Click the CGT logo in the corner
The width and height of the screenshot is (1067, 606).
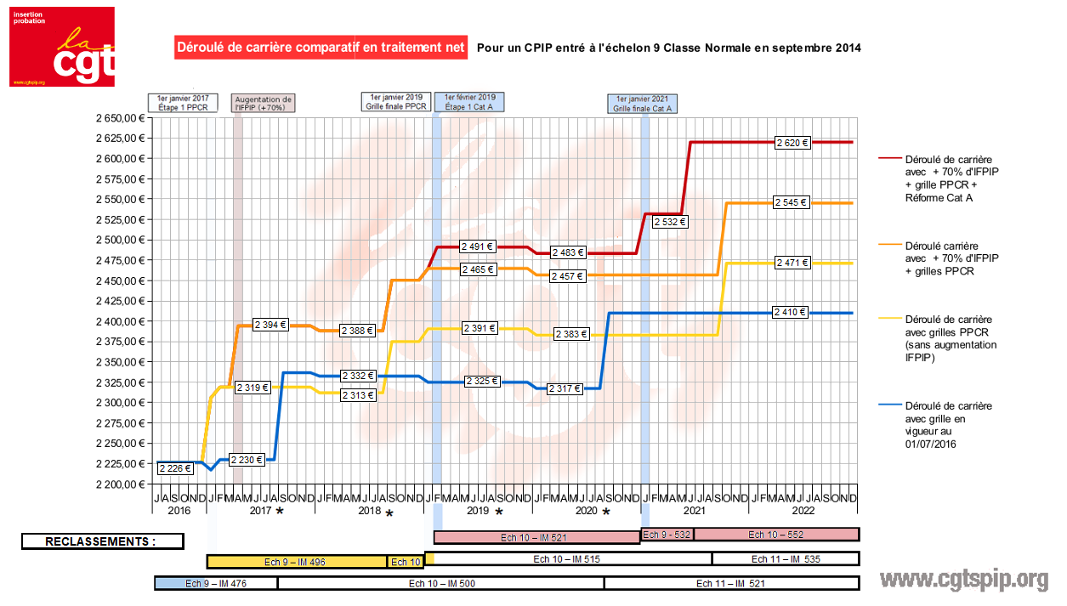pos(62,47)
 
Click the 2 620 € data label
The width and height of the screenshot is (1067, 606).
pos(792,143)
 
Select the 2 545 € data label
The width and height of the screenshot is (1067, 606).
pos(792,202)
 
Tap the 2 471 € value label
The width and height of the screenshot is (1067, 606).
pos(792,263)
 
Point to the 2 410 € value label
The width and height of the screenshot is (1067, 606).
pos(791,312)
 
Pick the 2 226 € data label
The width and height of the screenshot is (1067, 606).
pos(175,467)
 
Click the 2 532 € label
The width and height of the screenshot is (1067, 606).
pos(670,222)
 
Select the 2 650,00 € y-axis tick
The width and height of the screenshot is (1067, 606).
pos(116,118)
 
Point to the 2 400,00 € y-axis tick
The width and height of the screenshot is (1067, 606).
pos(116,321)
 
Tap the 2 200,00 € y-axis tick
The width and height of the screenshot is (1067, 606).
pos(116,484)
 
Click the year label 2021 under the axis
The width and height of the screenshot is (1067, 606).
pos(694,511)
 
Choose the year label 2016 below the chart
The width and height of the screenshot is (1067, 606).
pos(179,511)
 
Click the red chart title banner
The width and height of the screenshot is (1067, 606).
pos(321,48)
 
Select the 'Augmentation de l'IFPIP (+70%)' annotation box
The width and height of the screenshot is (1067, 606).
pos(263,104)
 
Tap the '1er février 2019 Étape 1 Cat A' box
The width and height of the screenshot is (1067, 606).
pos(469,102)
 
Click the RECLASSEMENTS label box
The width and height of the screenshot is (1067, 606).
pos(101,541)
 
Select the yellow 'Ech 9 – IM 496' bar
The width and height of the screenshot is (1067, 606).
pos(298,562)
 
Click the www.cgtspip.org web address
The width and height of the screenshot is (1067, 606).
pos(963,580)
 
